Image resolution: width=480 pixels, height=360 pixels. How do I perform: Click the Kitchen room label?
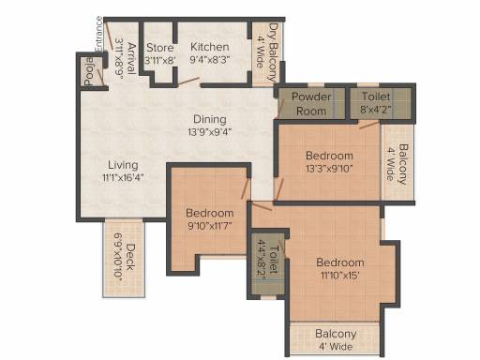click(210, 47)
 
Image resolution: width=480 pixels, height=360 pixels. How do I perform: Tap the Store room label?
click(160, 48)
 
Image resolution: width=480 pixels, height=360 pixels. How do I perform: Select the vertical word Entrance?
click(98, 34)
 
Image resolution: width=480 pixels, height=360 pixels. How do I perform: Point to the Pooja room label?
click(89, 71)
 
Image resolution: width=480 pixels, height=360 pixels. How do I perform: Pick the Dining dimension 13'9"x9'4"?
click(210, 132)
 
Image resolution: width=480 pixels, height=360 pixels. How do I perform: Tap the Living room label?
click(123, 165)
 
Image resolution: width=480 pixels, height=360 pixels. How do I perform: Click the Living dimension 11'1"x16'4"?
click(123, 177)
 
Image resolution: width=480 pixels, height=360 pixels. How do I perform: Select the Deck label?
click(130, 257)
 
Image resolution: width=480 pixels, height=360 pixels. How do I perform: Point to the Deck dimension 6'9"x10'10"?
click(118, 255)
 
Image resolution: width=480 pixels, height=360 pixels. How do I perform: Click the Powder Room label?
click(311, 104)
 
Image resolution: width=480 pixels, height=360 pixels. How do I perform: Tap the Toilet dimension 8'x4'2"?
click(376, 110)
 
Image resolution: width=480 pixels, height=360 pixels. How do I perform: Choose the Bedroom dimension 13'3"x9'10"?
click(329, 169)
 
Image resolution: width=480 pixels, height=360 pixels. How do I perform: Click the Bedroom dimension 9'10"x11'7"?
click(210, 225)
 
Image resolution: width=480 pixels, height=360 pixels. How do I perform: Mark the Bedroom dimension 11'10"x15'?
click(339, 276)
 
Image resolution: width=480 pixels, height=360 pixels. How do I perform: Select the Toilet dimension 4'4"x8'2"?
click(262, 257)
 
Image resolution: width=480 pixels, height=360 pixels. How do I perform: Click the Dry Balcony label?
click(274, 52)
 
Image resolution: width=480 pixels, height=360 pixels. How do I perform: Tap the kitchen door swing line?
click(188, 81)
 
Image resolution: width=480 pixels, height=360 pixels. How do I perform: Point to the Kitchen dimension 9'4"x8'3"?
click(210, 59)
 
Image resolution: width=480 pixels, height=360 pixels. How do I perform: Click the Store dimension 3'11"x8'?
click(160, 60)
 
